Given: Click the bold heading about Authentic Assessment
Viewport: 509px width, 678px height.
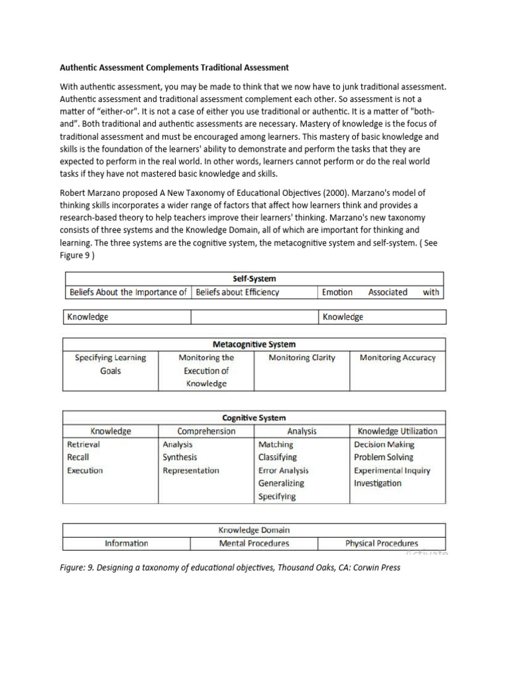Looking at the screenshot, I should [x=174, y=67].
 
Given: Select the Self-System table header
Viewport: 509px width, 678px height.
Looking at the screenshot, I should [x=254, y=279].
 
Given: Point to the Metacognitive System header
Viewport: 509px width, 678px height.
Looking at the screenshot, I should [x=254, y=344].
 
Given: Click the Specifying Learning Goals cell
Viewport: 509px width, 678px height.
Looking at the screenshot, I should [x=111, y=364].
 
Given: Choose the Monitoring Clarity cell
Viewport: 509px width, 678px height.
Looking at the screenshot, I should [x=302, y=358].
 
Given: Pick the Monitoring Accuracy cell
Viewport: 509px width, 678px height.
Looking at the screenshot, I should [x=398, y=358].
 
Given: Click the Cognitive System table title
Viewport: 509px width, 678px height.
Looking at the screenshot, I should [x=254, y=418].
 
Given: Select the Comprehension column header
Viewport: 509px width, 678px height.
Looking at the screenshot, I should [x=206, y=431].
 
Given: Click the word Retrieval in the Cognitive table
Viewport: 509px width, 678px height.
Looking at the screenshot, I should [x=84, y=444].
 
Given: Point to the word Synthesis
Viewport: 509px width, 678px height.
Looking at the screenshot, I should [x=180, y=458].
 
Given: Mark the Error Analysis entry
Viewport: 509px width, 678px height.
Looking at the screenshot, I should [x=283, y=471].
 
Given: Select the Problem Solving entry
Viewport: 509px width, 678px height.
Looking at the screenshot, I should [x=383, y=458].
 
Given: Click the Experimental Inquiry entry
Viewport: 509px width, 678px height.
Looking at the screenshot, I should [x=392, y=471].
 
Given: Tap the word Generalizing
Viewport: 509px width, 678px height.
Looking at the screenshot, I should [x=281, y=483].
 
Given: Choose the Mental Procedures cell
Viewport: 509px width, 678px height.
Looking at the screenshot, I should [x=254, y=544].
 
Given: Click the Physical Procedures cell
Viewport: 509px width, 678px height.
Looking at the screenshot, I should [x=382, y=544].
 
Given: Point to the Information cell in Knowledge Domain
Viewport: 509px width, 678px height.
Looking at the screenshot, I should [x=127, y=544].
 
